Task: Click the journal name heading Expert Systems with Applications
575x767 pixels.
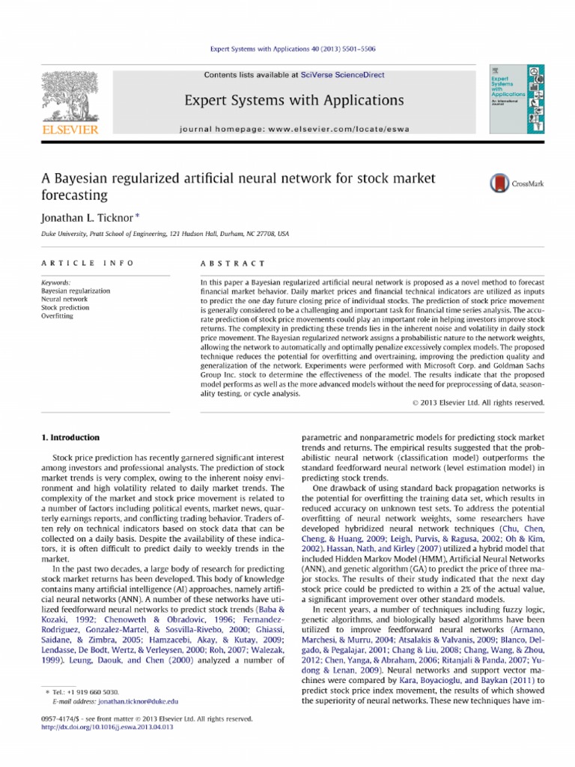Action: coord(287,100)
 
